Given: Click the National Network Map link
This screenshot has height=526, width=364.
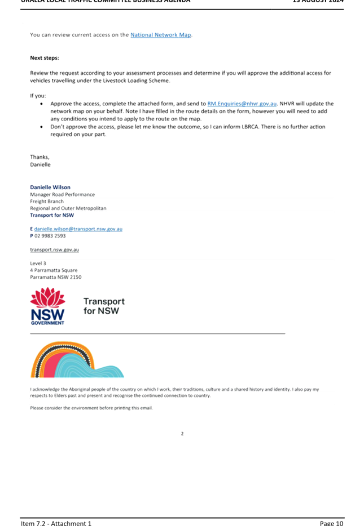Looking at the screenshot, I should click(x=161, y=35).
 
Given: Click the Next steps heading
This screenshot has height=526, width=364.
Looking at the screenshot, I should click(x=45, y=58).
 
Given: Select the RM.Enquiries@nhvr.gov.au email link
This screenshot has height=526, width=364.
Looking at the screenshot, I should click(x=242, y=104).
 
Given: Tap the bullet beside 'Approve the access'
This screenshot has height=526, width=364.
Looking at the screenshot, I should click(x=42, y=104).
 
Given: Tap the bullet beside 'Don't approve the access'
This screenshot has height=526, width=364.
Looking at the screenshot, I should click(x=42, y=127).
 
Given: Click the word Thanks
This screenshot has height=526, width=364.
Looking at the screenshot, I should click(x=40, y=157).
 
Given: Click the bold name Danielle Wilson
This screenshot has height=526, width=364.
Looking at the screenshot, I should click(x=50, y=187).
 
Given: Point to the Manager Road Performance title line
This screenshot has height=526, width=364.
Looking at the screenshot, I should click(x=62, y=194).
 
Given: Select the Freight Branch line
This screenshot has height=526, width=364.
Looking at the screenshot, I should click(x=47, y=201).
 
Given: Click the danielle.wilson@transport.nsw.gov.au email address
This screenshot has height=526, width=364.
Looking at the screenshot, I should click(x=78, y=229).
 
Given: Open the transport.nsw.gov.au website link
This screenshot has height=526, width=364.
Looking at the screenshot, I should click(x=55, y=249).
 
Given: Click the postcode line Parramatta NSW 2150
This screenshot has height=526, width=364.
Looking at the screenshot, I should click(x=56, y=277).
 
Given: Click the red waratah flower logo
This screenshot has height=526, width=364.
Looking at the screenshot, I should click(x=47, y=297).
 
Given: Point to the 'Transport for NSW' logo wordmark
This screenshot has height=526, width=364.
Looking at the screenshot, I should click(x=104, y=306).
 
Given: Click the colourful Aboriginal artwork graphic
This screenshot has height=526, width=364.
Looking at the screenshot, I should click(x=77, y=360).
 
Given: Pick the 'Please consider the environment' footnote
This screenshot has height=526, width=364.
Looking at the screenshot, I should click(x=91, y=408).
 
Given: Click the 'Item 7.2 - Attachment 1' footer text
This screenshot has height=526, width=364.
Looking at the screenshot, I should click(x=56, y=523).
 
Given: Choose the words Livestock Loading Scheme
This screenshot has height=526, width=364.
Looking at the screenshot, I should click(x=138, y=81).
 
